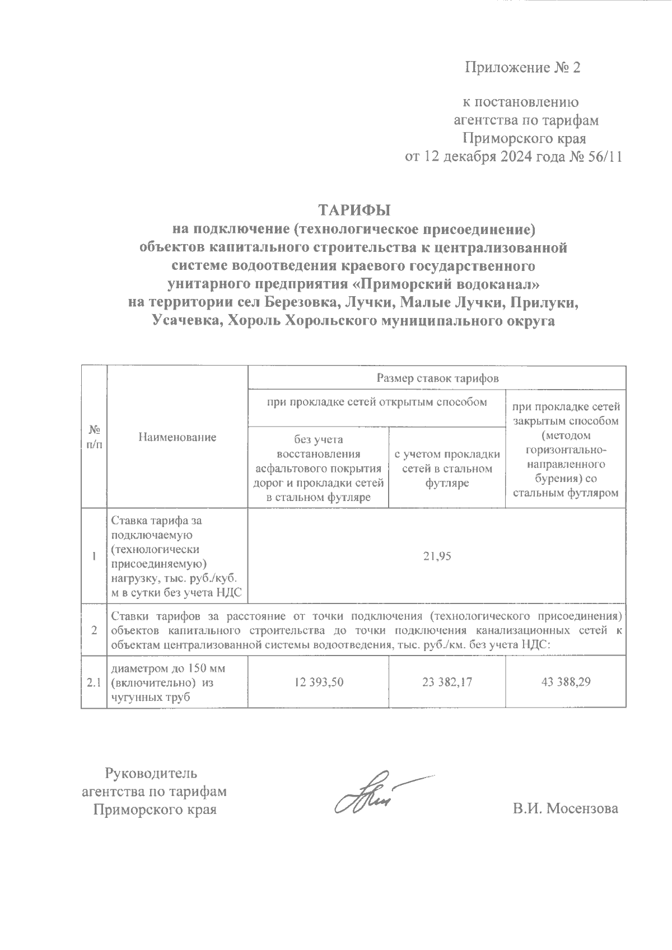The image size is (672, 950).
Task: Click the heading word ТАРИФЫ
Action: [354, 210]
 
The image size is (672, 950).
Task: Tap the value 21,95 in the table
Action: [437, 556]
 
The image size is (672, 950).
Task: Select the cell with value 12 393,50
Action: [318, 682]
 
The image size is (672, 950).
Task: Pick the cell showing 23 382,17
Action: [447, 682]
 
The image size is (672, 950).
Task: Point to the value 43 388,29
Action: [566, 682]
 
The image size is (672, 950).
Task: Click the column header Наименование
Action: [177, 437]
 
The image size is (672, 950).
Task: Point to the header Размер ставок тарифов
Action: [437, 378]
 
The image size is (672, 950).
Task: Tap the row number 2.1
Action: [94, 682]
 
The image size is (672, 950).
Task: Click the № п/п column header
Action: [94, 437]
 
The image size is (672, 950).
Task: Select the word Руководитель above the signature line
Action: [151, 774]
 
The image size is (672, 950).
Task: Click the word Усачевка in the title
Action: [185, 321]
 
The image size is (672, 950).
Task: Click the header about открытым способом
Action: [377, 402]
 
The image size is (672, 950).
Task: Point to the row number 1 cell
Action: [94, 556]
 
